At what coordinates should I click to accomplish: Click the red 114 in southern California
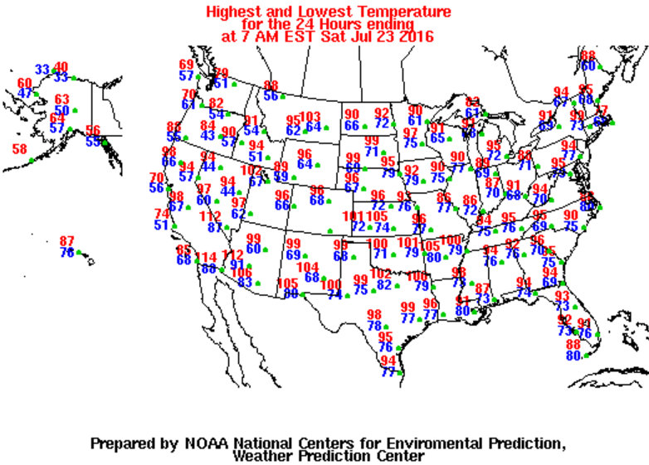(x=205, y=257)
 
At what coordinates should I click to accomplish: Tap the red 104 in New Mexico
(x=308, y=267)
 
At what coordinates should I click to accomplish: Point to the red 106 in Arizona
(x=242, y=273)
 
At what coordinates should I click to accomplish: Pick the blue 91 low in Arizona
(x=237, y=264)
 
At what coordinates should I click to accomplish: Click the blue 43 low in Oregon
(x=207, y=136)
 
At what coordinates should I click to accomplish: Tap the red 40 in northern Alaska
(x=61, y=67)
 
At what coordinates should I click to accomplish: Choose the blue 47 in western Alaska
(x=25, y=94)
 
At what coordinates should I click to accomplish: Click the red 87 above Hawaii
(x=67, y=241)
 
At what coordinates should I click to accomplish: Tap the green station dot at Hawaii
(x=77, y=254)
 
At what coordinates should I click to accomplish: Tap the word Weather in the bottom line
(x=266, y=455)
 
